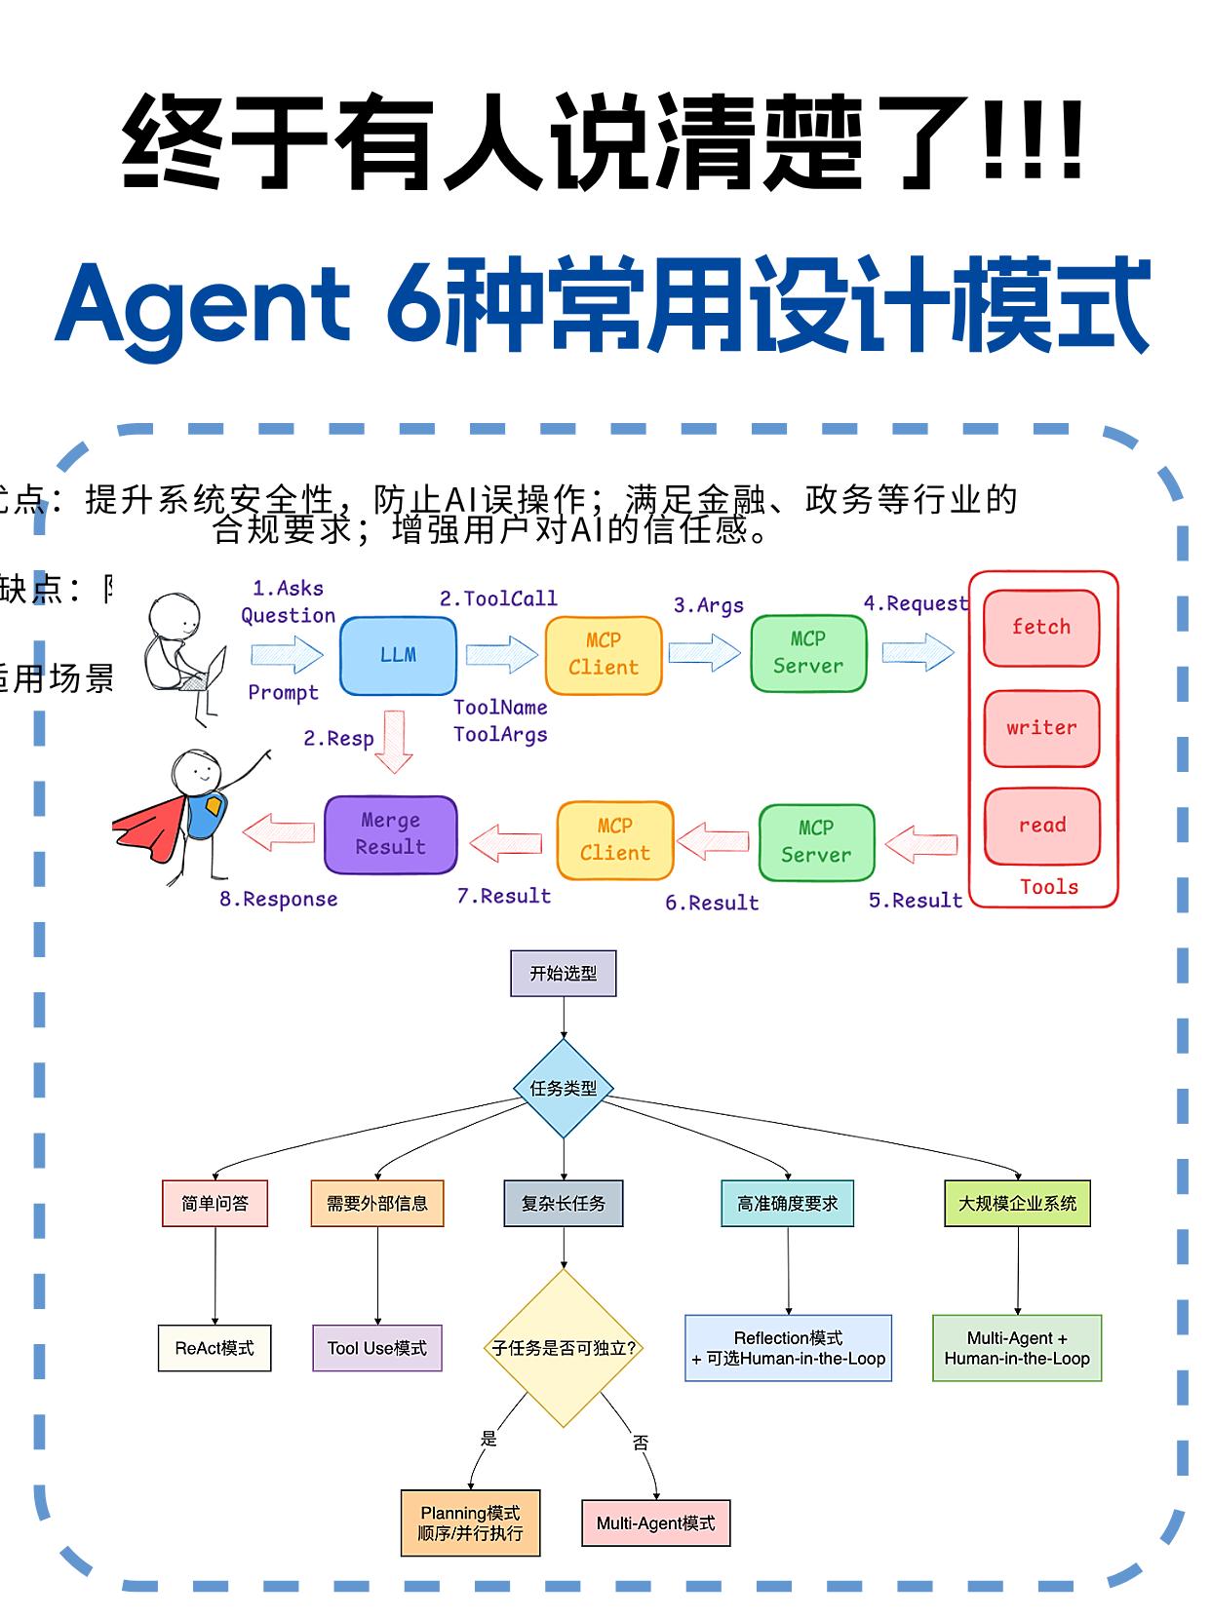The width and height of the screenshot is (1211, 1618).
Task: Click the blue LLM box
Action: pyautogui.click(x=398, y=655)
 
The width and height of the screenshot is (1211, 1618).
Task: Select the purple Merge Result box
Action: pyautogui.click(x=390, y=834)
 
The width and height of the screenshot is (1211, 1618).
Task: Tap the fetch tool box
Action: pyautogui.click(x=1041, y=628)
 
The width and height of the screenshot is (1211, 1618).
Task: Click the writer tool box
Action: pyautogui.click(x=1041, y=728)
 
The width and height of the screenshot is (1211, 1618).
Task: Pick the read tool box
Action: pyautogui.click(x=1041, y=826)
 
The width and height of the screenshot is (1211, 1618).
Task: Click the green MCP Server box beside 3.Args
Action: pyautogui.click(x=808, y=653)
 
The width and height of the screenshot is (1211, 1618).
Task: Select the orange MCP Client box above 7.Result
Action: pyautogui.click(x=615, y=840)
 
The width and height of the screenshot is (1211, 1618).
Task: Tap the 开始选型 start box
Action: pyautogui.click(x=563, y=974)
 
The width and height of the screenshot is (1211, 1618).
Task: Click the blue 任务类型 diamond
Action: pyautogui.click(x=563, y=1088)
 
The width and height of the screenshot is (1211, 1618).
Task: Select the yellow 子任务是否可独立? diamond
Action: pyautogui.click(x=563, y=1348)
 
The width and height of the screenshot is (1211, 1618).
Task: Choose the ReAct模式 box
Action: pyautogui.click(x=215, y=1348)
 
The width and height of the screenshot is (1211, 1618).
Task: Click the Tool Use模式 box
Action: pyautogui.click(x=377, y=1348)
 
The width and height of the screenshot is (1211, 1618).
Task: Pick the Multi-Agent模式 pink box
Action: pyautogui.click(x=655, y=1523)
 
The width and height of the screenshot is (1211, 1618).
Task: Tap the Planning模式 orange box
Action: pyautogui.click(x=470, y=1523)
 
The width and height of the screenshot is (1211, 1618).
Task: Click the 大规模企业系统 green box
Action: pyautogui.click(x=1017, y=1204)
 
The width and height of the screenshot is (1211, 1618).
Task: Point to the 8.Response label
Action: pyautogui.click(x=279, y=899)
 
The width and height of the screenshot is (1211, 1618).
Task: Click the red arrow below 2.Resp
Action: pyautogui.click(x=394, y=743)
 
